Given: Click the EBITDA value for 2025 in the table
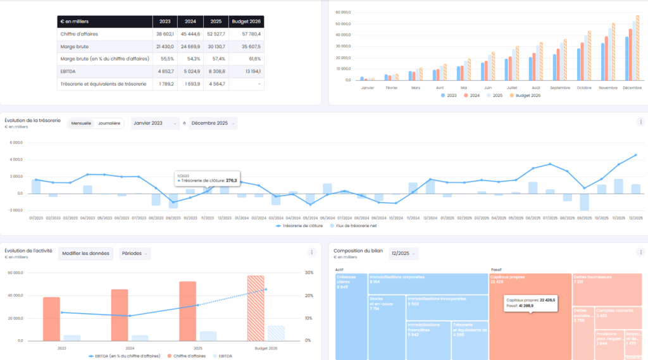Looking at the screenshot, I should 216,71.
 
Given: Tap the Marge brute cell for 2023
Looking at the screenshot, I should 164,46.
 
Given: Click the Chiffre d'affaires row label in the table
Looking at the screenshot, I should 79,34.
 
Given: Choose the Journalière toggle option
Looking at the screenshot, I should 108,123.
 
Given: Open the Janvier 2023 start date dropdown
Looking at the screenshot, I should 155,123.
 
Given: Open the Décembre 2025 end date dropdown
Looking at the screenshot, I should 213,123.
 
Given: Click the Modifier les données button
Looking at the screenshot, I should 86,253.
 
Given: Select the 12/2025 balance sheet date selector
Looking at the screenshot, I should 404,253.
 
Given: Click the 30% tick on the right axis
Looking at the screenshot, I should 309,273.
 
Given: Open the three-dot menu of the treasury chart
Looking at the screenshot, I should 640,122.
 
